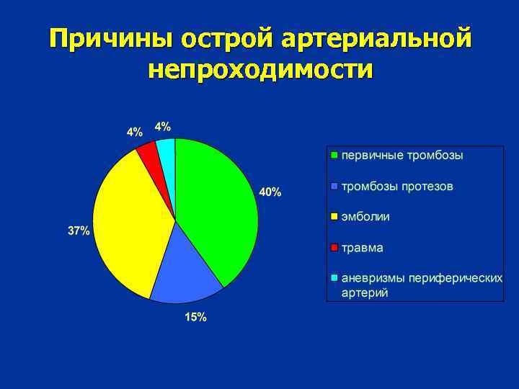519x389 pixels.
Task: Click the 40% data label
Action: (270, 192)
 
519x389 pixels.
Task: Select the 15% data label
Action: (195, 317)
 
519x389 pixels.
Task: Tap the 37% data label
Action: (79, 231)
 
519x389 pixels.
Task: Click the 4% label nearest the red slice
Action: (135, 132)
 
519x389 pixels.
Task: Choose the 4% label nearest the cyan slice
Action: (163, 126)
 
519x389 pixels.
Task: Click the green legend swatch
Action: (334, 155)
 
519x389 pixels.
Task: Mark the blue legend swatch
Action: (334, 187)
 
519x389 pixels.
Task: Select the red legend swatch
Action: (334, 248)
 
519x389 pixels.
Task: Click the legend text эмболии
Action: (366, 217)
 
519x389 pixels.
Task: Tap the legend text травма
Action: (363, 248)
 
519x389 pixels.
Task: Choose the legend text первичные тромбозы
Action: (402, 156)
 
